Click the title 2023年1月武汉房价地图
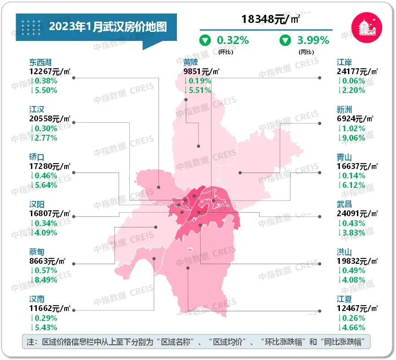pos(108,27)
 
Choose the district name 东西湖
pos(40,62)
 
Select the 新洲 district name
pos(345,110)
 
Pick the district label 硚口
pos(37,157)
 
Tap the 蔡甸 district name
pos(37,252)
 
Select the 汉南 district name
pos(37,299)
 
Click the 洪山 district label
pos(345,252)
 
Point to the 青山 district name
pos(345,157)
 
